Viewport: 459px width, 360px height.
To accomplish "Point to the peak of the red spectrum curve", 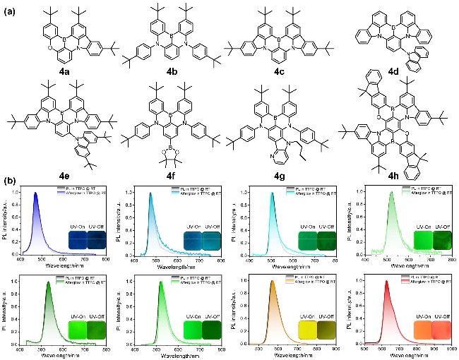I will pyautogui.click(x=386, y=281).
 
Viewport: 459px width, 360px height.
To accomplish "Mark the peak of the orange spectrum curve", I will pyautogui.click(x=271, y=281).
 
